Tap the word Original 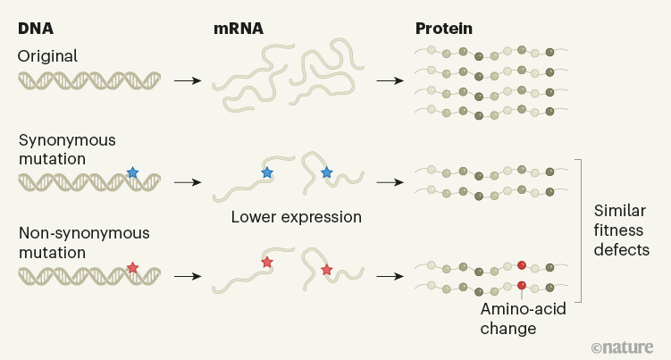(x=47, y=55)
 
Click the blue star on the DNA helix (x=132, y=172)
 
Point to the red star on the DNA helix (x=132, y=267)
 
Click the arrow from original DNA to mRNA (x=187, y=82)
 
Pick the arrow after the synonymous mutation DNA (x=187, y=181)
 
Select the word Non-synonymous (x=72, y=233)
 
